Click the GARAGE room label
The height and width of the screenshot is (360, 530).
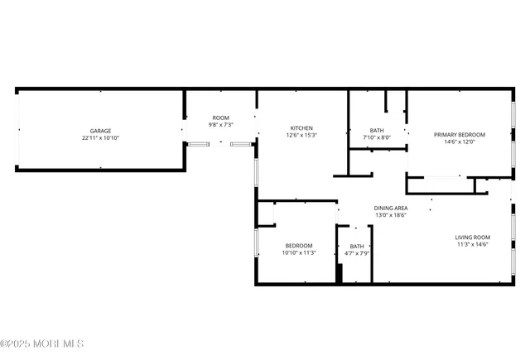[100, 131]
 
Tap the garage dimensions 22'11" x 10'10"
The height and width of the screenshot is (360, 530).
[100, 138]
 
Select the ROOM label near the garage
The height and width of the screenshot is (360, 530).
[220, 118]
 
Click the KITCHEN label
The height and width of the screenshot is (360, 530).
[301, 127]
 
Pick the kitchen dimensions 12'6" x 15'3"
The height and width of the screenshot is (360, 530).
[301, 135]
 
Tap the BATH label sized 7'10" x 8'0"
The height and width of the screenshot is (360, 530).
[376, 130]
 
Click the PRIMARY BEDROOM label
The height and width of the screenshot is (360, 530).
[460, 134]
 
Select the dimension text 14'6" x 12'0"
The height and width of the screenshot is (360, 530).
[460, 142]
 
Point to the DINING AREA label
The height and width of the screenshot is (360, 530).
[390, 208]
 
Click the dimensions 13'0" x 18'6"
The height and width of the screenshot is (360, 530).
[390, 215]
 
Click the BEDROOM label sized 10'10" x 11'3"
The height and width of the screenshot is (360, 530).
[299, 245]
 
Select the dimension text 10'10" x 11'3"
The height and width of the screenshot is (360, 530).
[299, 252]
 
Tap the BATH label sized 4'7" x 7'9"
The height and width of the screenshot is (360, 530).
[357, 246]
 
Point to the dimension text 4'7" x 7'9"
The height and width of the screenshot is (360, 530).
[357, 253]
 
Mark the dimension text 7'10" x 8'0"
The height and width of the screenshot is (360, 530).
[376, 137]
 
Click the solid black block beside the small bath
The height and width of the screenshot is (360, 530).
[339, 274]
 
